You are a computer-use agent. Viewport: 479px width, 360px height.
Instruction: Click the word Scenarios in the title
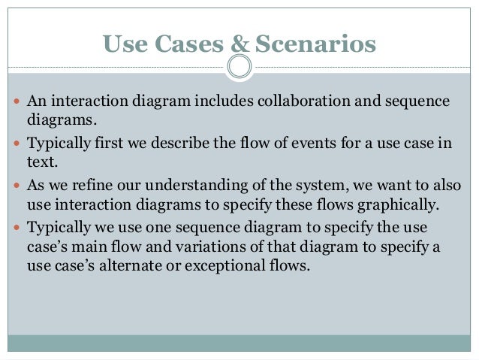pos(315,45)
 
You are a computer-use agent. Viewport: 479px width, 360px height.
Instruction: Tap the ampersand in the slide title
pos(237,45)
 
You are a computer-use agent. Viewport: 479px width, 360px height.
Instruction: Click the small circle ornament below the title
pos(239,67)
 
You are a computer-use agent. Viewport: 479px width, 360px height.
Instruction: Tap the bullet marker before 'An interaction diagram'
pos(17,102)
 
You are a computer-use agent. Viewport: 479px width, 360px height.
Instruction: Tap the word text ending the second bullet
pos(41,161)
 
